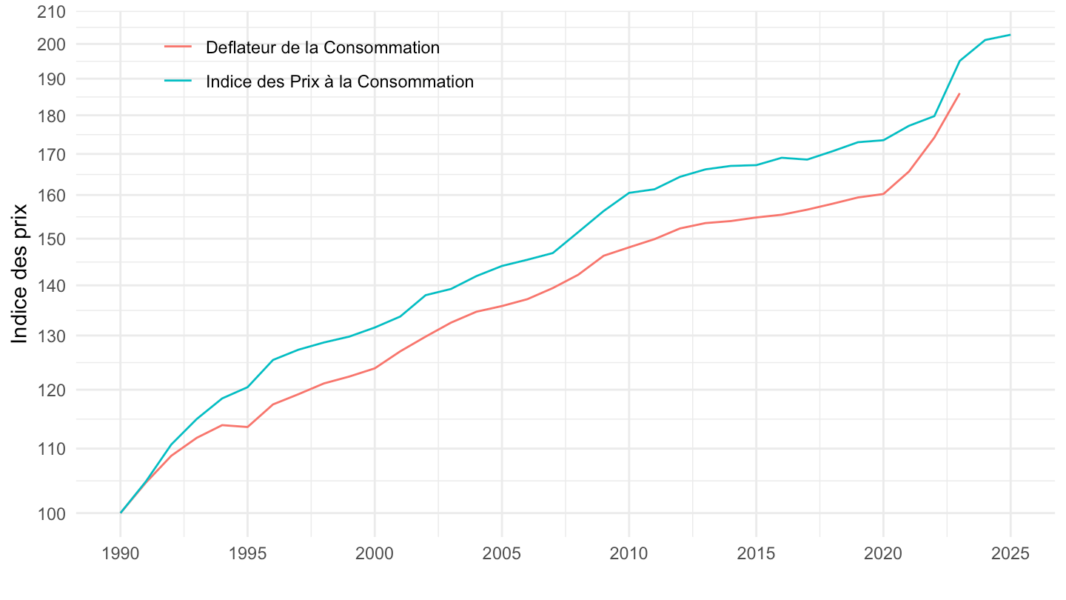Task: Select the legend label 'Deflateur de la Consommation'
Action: coord(323,48)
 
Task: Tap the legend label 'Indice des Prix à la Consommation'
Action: coord(340,82)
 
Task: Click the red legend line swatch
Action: coord(178,48)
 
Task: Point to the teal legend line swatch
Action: coord(178,82)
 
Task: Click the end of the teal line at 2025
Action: coord(1010,35)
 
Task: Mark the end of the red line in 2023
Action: coord(959,93)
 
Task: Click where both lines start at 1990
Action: coord(121,513)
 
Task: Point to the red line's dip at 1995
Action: coord(247,427)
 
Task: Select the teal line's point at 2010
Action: coord(629,193)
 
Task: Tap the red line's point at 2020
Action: coord(883,193)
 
